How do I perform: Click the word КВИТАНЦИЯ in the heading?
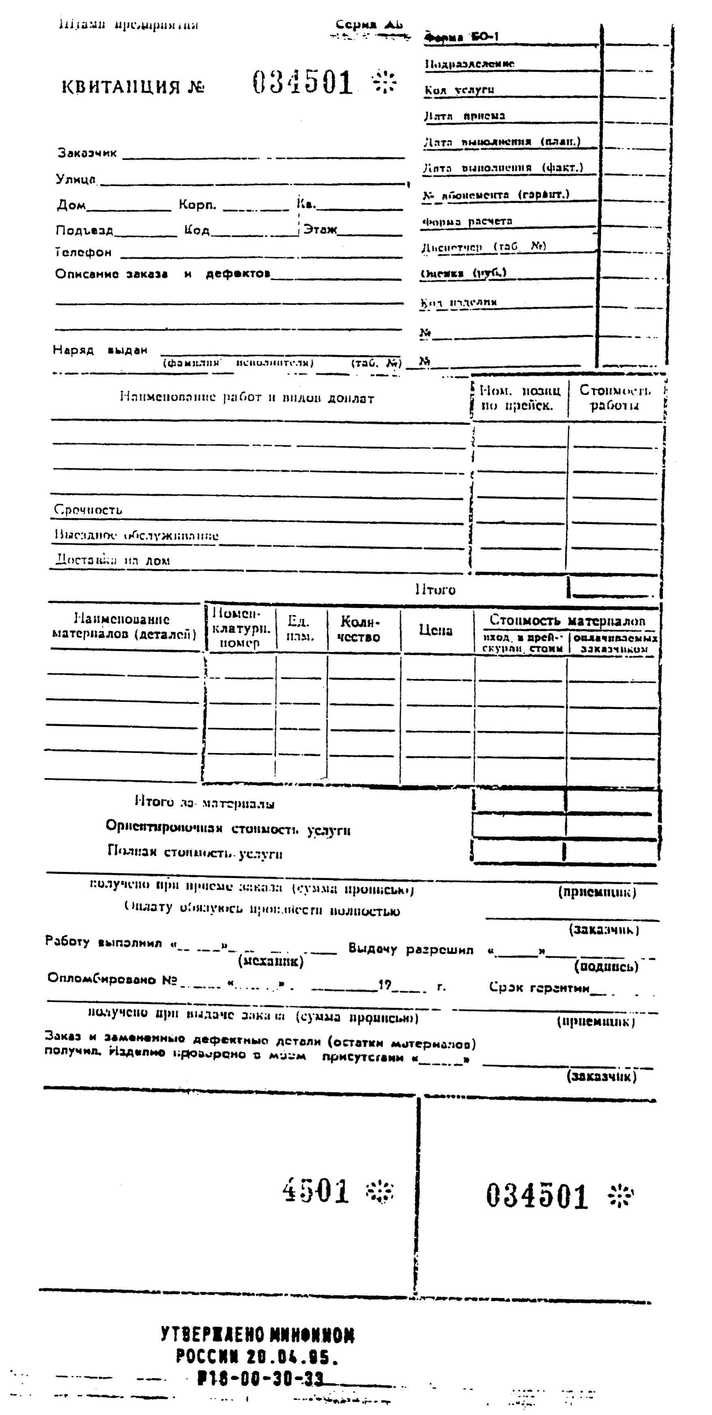(x=121, y=87)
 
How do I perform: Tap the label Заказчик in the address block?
(x=87, y=153)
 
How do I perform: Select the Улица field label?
(x=76, y=179)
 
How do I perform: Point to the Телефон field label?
(x=84, y=252)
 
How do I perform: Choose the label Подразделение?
(x=469, y=64)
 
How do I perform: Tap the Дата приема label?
(x=464, y=116)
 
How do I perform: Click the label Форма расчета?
(x=467, y=221)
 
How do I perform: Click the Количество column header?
(x=359, y=629)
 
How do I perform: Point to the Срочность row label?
(x=88, y=510)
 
